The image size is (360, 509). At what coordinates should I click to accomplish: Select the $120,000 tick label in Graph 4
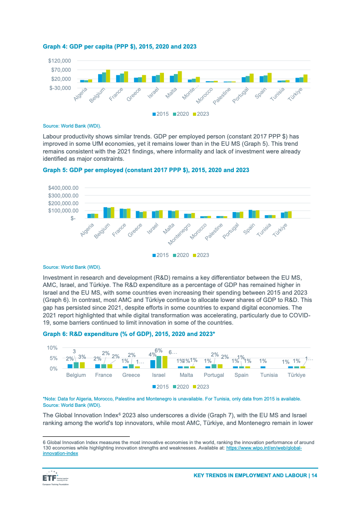click(59, 60)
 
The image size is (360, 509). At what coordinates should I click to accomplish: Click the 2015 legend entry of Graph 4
click(161, 114)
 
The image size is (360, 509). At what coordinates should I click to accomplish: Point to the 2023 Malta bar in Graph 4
click(180, 77)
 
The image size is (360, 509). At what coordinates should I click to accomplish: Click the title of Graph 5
click(146, 170)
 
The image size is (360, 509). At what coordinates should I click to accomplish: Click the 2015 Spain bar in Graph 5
click(250, 214)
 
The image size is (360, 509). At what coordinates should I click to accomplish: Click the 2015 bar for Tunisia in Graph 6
click(263, 367)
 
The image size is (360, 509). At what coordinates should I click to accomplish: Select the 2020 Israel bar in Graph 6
click(159, 362)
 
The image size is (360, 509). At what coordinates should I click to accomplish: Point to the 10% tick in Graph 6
click(52, 348)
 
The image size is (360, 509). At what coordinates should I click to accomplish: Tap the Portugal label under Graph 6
click(214, 376)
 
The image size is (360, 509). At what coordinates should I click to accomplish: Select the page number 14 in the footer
click(314, 475)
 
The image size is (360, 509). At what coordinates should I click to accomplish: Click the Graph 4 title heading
click(119, 46)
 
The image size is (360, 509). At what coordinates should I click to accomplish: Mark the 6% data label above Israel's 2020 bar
click(159, 351)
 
